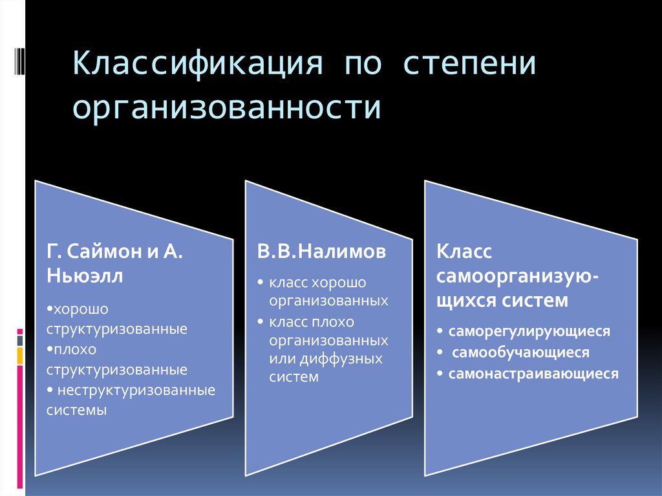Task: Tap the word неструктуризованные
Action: pos(136,391)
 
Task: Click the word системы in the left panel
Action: pos(76,410)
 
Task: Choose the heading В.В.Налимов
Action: pos(321,252)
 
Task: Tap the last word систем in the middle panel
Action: pos(295,376)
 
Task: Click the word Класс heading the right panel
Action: pos(464,252)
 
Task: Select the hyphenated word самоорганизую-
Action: pos(517,276)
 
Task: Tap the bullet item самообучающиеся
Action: pos(520,352)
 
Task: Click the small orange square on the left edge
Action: pos(20,355)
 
